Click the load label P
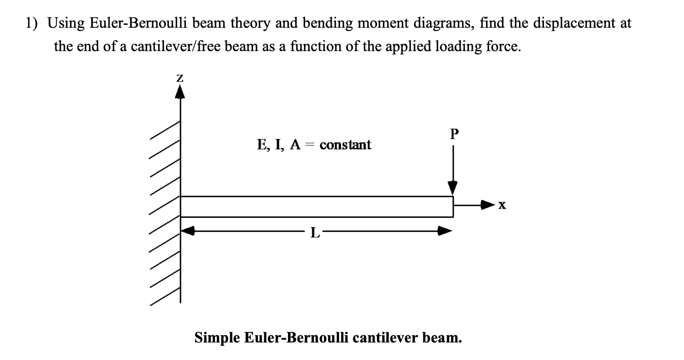point(454,134)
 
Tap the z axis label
point(180,78)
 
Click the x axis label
point(503,207)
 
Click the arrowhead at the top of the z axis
point(180,91)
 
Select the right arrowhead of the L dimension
point(445,232)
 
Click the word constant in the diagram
point(345,144)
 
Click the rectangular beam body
point(316,206)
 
